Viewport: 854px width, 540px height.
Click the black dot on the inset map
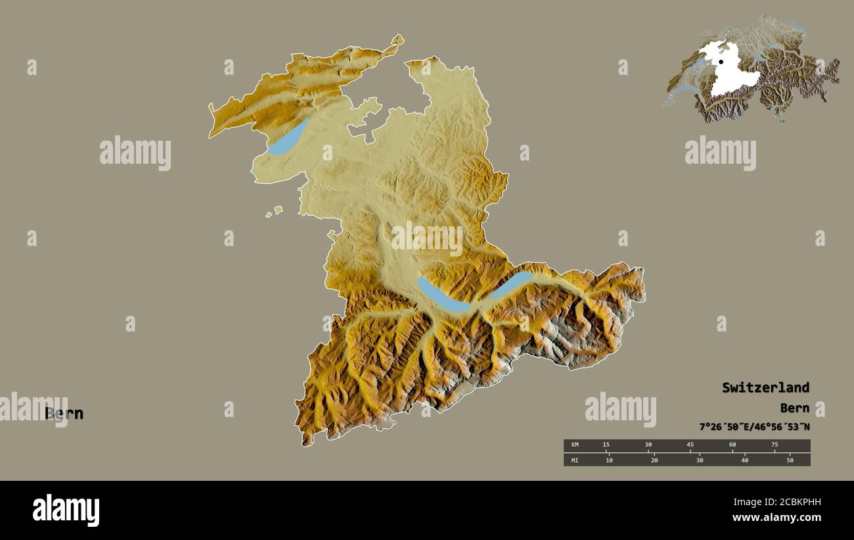[x=721, y=62]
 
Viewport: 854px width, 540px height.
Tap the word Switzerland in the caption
[x=765, y=387]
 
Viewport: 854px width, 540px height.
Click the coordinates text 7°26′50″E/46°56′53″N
[x=754, y=427]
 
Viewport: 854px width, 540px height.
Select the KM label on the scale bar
[x=575, y=445]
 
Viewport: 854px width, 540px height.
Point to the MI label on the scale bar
[x=575, y=460]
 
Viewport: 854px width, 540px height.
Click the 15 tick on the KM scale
[x=606, y=445]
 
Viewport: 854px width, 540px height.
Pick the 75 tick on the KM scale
[x=775, y=445]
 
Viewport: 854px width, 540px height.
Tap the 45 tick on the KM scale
[x=690, y=445]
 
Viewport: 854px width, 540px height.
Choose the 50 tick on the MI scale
[x=790, y=460]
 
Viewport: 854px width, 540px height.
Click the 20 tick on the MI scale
[x=654, y=460]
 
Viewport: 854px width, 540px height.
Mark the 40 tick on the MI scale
[x=744, y=460]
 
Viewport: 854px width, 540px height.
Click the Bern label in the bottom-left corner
[x=64, y=414]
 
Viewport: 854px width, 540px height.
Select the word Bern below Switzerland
[x=795, y=408]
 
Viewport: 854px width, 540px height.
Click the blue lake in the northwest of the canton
[x=288, y=138]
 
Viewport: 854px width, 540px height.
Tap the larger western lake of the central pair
[x=441, y=295]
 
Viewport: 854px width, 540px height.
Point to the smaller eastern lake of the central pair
[x=511, y=283]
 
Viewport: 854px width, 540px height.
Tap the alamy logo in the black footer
[x=66, y=510]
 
